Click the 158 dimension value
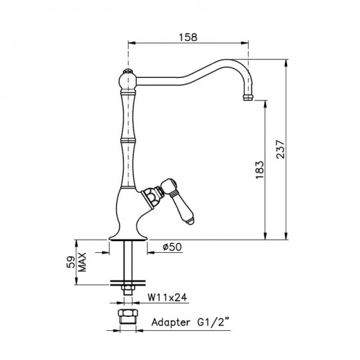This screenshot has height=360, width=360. pyautogui.click(x=188, y=38)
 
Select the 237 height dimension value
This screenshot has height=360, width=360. pyautogui.click(x=280, y=149)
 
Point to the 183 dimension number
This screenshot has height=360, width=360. pyautogui.click(x=260, y=170)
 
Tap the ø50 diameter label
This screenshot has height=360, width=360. pyautogui.click(x=172, y=247)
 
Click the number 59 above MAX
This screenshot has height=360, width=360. pyautogui.click(x=71, y=262)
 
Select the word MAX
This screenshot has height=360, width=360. pyautogui.click(x=82, y=262)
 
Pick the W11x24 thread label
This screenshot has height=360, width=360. pyautogui.click(x=167, y=297)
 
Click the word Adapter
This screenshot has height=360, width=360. pyautogui.click(x=170, y=322)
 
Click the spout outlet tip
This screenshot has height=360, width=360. pyautogui.click(x=248, y=97)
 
